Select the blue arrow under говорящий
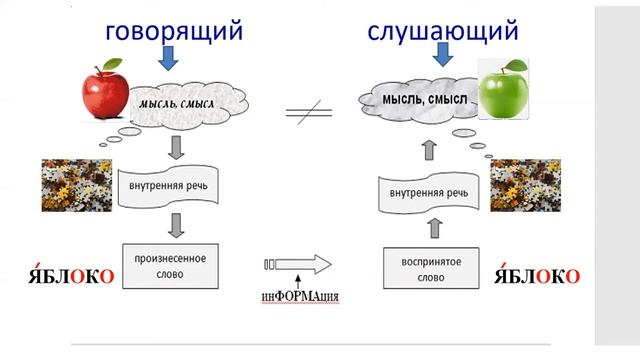tap(168, 60)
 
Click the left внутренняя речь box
tap(168, 186)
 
